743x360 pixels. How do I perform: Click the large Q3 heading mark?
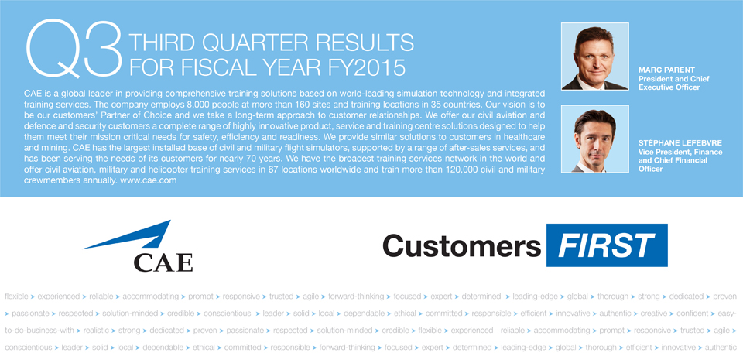coord(74,48)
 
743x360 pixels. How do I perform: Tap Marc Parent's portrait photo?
coord(594,57)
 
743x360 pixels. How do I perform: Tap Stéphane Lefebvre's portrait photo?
coord(594,139)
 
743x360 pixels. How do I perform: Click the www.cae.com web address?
coord(149,180)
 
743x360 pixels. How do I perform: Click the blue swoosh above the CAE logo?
coord(127,235)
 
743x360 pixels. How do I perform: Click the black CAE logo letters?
coord(163,262)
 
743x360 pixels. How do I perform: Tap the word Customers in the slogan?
coord(461,246)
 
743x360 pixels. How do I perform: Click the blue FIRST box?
coord(607,245)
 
